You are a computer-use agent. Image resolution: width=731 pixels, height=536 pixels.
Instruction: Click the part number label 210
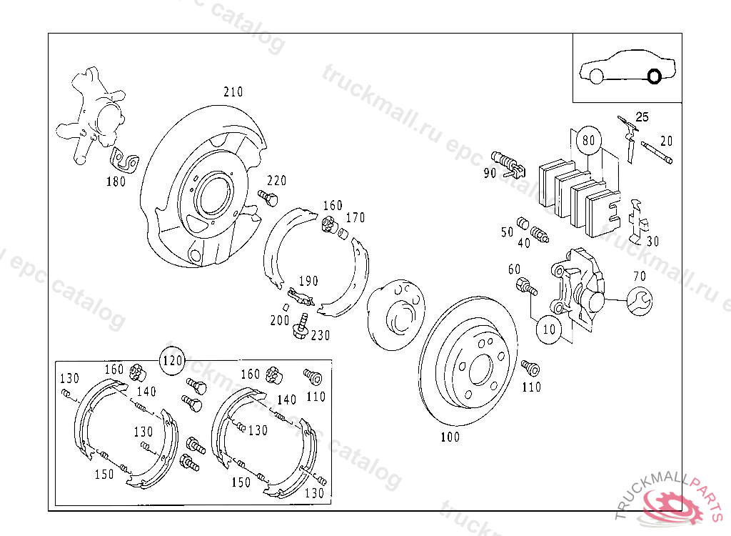233,92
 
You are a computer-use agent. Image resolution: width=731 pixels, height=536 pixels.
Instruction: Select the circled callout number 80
588,140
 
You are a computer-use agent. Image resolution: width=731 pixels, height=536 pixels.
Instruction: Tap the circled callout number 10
549,329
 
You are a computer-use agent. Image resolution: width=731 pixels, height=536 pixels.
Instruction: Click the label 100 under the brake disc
450,437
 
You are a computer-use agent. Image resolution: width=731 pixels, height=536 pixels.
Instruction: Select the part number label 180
116,182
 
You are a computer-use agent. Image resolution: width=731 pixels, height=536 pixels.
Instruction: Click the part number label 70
639,276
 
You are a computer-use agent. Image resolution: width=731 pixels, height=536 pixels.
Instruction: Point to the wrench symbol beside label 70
638,300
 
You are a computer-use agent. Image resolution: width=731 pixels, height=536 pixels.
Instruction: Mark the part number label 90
490,173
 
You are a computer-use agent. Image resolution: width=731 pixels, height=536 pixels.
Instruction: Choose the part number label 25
642,117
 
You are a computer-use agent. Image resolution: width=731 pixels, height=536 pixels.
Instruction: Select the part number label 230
321,334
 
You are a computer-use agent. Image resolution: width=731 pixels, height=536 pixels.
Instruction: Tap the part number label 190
308,281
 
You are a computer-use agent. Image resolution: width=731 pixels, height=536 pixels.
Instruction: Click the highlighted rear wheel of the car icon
652,76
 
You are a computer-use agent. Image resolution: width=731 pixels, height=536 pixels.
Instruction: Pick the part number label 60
514,269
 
